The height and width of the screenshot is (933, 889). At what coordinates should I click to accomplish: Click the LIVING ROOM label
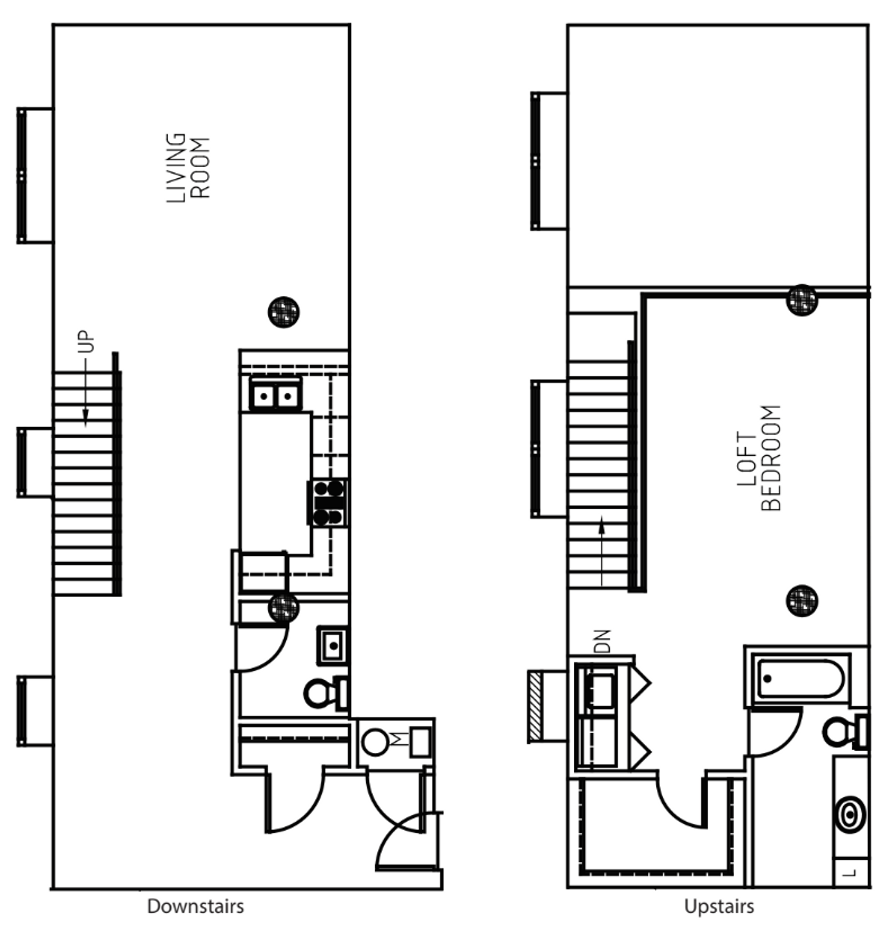pos(188,167)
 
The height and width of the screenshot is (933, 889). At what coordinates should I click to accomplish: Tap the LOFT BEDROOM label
pos(758,458)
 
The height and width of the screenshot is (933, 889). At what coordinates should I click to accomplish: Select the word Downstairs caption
pos(195,906)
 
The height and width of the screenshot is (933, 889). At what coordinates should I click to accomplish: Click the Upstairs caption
pos(719,906)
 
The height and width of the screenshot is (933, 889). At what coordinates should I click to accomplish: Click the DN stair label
pos(602,641)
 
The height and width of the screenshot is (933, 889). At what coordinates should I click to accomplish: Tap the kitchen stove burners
pos(328,502)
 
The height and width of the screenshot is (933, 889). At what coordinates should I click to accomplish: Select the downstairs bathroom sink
pos(333,646)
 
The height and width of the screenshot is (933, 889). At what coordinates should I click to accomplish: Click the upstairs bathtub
pos(800,679)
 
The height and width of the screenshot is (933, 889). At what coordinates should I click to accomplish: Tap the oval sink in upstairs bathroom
pos(851,814)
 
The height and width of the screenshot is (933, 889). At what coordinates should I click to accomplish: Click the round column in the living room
pos(284,312)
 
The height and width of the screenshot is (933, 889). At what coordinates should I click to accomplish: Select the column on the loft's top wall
pos(802,300)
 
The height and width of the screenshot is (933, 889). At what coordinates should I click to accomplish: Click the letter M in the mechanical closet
pos(398,740)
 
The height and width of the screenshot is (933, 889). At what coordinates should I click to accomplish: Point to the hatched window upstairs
pos(535,706)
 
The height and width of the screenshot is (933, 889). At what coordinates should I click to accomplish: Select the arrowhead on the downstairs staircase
pos(85,417)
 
